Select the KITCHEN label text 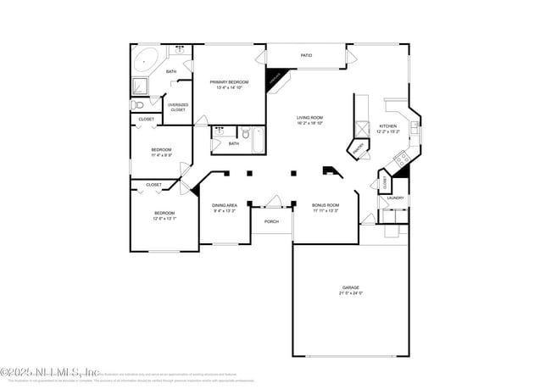click(387, 125)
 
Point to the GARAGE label click(351, 287)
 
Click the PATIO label click(306, 56)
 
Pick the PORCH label click(271, 221)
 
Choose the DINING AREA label click(225, 204)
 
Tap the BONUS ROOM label click(325, 204)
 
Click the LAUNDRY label click(395, 198)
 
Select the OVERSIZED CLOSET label click(177, 108)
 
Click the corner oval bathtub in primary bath click(145, 61)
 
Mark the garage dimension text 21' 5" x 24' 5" click(351, 294)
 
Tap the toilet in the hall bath click(244, 133)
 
